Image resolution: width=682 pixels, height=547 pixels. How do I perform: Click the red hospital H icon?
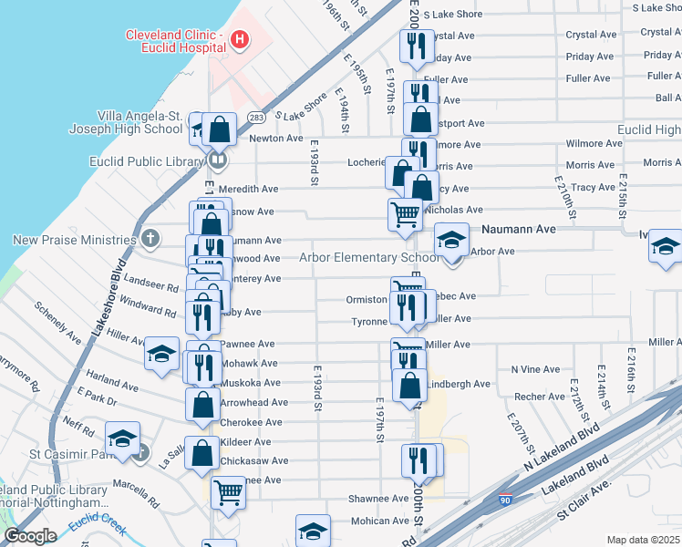(x=239, y=39)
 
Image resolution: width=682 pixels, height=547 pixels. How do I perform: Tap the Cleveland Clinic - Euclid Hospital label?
(x=175, y=40)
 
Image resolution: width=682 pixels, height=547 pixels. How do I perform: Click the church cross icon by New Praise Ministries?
(x=150, y=240)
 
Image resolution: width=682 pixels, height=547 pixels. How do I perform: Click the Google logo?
(x=30, y=536)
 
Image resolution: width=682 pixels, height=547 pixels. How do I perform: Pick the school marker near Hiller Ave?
(x=161, y=355)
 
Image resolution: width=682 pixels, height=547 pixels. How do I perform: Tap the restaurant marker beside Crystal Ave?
(x=416, y=45)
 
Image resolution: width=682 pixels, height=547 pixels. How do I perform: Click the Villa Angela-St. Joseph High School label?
(x=140, y=122)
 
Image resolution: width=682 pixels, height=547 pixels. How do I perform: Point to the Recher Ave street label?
(x=539, y=397)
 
